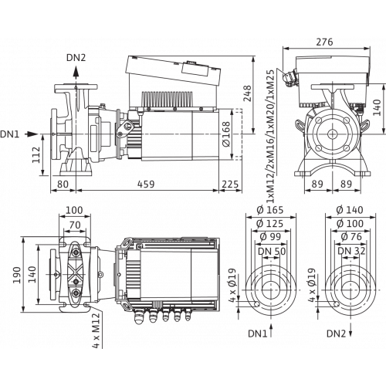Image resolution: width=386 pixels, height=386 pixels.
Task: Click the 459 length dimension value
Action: tap(146, 185)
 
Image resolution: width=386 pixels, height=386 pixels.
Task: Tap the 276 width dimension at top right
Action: tap(324, 42)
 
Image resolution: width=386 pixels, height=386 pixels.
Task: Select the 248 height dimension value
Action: tap(247, 93)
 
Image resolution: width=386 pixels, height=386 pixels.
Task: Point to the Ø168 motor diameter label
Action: tap(226, 134)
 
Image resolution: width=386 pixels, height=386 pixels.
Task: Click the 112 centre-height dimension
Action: tap(36, 154)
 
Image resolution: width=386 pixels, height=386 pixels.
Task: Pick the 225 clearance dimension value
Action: tap(230, 185)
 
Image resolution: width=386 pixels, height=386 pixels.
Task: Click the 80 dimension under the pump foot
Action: tap(63, 185)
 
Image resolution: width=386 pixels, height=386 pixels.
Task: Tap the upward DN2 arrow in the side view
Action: tap(76, 72)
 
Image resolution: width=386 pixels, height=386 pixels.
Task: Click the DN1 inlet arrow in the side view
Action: tap(32, 134)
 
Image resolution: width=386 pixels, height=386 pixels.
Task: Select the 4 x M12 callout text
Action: tap(96, 330)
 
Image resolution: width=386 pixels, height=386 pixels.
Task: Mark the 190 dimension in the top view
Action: tap(17, 275)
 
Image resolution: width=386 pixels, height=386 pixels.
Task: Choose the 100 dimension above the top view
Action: tap(74, 210)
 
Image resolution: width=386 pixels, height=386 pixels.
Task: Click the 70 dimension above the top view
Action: tap(75, 225)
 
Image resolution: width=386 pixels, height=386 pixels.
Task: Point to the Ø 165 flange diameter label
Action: tap(270, 210)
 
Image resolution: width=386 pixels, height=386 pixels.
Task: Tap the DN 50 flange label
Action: tap(272, 251)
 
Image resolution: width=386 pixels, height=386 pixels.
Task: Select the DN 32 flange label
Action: tap(351, 251)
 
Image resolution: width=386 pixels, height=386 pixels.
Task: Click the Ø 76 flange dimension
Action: tap(351, 236)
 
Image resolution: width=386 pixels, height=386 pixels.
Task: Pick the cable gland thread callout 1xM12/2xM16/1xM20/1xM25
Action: tap(270, 136)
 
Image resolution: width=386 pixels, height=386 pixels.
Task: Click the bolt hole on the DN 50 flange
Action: tap(256, 304)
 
